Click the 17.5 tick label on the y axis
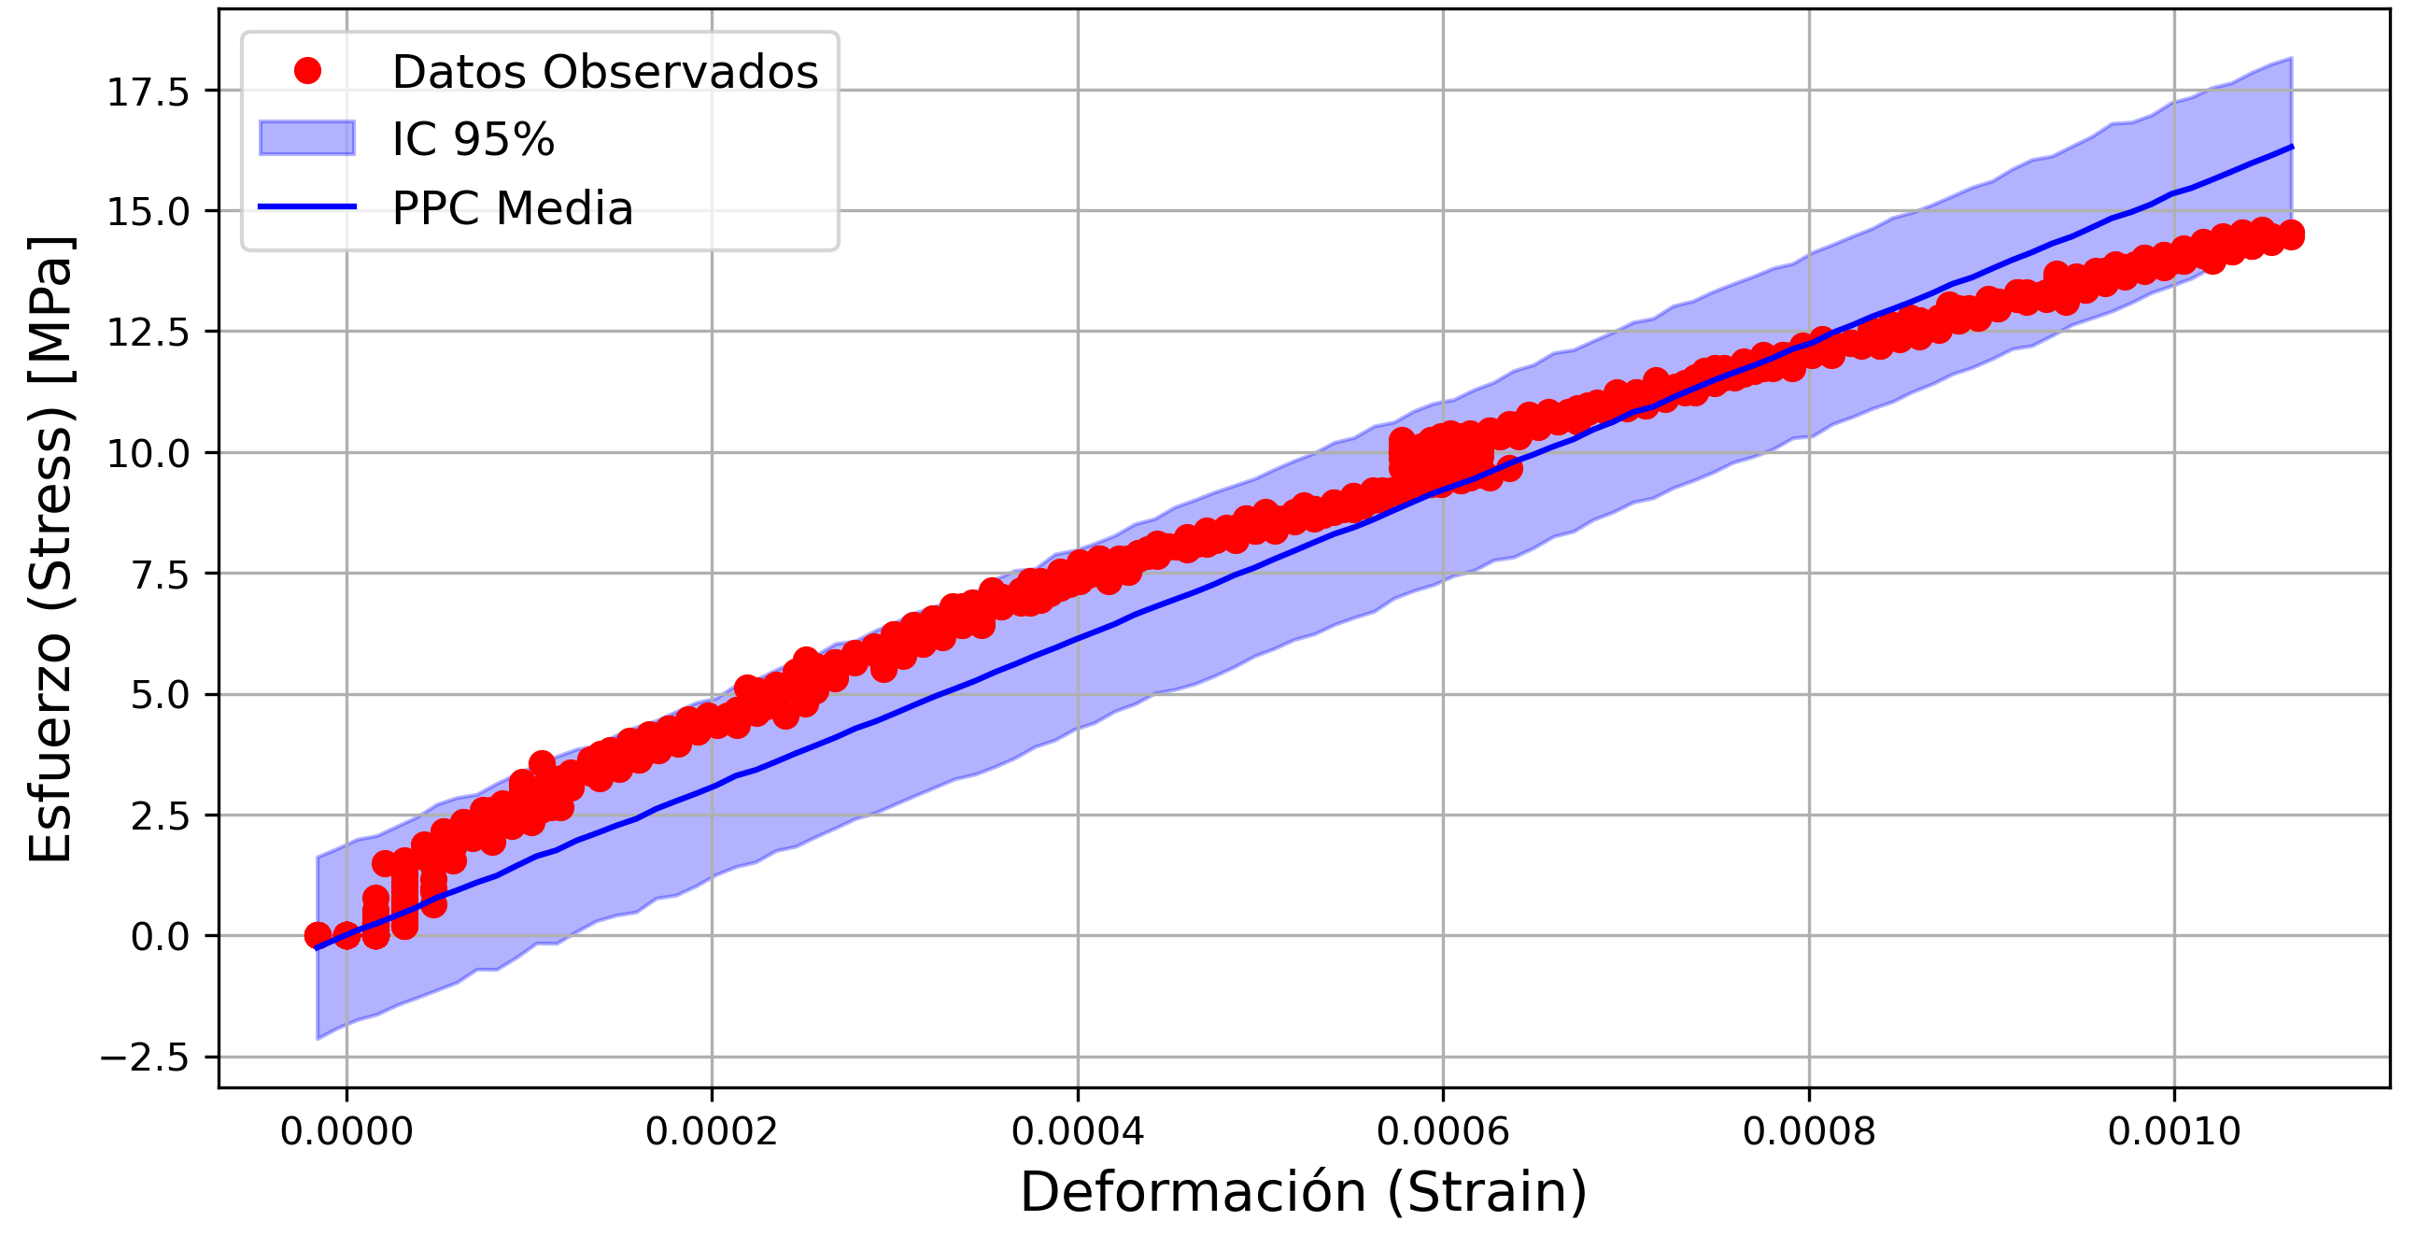point(148,92)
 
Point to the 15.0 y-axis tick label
point(148,213)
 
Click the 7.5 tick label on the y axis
point(160,575)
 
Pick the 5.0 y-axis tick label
point(160,696)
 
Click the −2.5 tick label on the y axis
point(145,1058)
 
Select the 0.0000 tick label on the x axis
point(346,1132)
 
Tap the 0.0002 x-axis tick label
point(712,1132)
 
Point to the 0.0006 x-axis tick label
point(1442,1132)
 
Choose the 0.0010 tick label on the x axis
point(2173,1132)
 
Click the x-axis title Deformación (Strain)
point(1303,1193)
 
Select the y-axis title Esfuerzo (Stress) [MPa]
point(50,549)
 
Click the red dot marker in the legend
point(307,70)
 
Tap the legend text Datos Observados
point(604,72)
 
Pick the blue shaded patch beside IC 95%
point(307,138)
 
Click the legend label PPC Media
point(512,208)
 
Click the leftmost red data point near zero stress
point(318,935)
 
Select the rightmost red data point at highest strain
point(2290,234)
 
